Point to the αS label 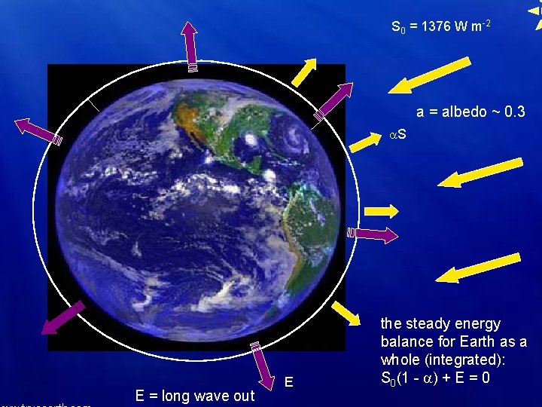397,135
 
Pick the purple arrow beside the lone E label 263,366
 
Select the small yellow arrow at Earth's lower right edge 346,314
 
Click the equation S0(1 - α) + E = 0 437,377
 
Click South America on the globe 294,226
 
